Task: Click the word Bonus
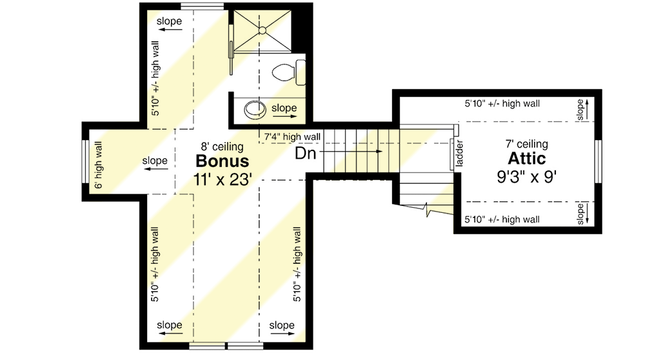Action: click(x=223, y=160)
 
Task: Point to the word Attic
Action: click(x=527, y=159)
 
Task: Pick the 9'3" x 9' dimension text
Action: click(x=527, y=176)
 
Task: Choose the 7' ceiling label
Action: click(x=528, y=144)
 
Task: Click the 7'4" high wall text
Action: click(x=292, y=136)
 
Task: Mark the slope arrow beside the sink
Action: click(x=284, y=117)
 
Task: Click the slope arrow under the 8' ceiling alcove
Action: click(x=155, y=169)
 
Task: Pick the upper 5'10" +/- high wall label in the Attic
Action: click(x=502, y=103)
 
